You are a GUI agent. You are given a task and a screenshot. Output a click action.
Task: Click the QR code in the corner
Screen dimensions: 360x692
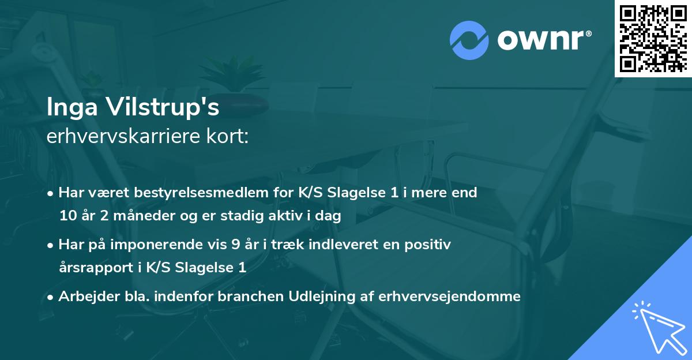[x=653, y=38]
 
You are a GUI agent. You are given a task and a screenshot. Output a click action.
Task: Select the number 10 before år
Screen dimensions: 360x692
[x=66, y=216]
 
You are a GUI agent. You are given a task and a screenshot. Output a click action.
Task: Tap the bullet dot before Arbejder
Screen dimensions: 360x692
[x=51, y=297]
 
